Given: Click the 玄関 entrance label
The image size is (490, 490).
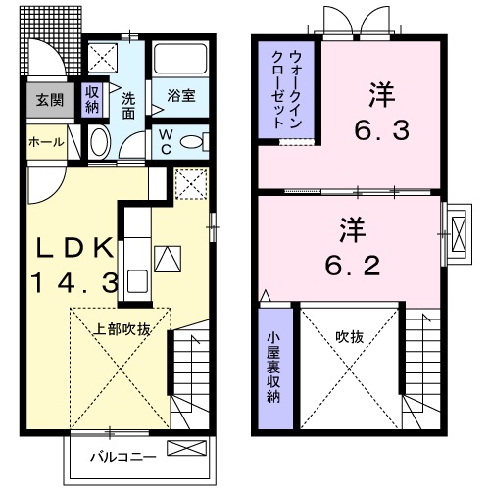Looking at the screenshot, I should pos(44,99).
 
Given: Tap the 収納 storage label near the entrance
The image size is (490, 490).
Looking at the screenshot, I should pos(92,99).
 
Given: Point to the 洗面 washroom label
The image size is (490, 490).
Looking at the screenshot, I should pos(128,105).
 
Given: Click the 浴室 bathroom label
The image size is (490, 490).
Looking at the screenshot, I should pos(180,96).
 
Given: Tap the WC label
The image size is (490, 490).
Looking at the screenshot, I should pos(166,139).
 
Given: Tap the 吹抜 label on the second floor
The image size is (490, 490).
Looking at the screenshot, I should pos(350,336).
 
